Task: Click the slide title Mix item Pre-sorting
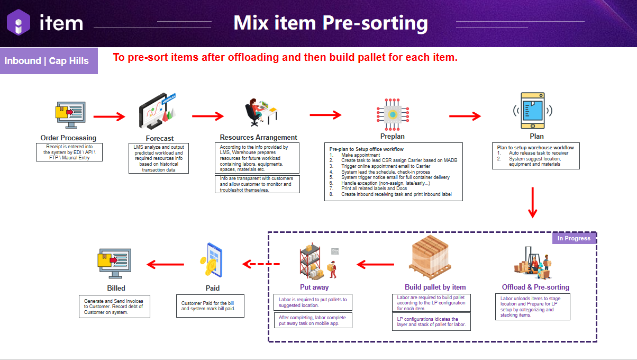pyautogui.click(x=331, y=23)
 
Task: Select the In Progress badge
pyautogui.click(x=574, y=238)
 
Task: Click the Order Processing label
pyautogui.click(x=68, y=138)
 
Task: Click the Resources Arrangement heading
pyautogui.click(x=258, y=137)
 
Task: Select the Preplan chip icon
pyautogui.click(x=393, y=114)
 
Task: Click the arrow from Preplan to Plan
pyautogui.click(x=465, y=116)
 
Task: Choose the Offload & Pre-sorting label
pyautogui.click(x=535, y=287)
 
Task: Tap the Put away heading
pyautogui.click(x=314, y=287)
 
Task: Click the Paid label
pyautogui.click(x=212, y=288)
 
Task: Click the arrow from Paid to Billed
pyautogui.click(x=165, y=264)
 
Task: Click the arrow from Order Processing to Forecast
pyautogui.click(x=109, y=116)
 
